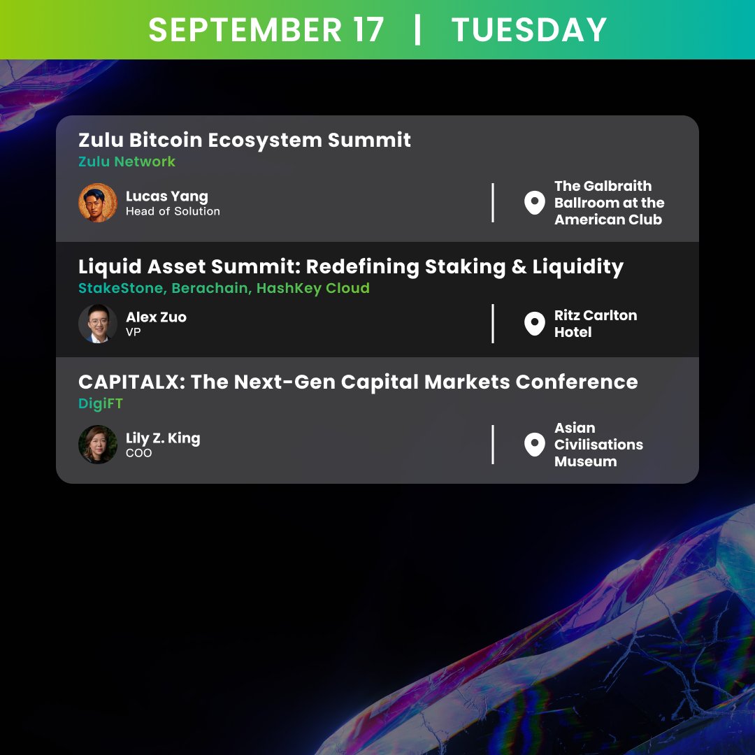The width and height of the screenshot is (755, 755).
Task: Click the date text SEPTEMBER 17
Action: (266, 30)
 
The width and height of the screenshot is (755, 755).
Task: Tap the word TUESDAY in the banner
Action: (529, 30)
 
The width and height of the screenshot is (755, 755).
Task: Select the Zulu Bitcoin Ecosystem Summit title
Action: (245, 140)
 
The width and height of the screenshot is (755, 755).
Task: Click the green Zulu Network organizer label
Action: (127, 161)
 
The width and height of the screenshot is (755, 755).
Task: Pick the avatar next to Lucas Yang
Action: (98, 203)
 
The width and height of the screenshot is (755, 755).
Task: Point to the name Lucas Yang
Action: (166, 196)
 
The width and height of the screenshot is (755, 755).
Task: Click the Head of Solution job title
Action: (173, 211)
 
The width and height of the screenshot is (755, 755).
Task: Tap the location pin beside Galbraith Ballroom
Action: (534, 203)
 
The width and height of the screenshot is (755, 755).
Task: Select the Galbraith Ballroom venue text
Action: (609, 203)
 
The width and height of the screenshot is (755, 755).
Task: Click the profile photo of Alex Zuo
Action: (98, 324)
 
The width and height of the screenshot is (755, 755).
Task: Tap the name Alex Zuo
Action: (156, 317)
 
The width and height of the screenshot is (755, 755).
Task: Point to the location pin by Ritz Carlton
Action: (534, 324)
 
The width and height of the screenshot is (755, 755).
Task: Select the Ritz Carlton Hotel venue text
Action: (595, 324)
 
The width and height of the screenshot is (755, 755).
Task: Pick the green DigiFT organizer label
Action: (101, 403)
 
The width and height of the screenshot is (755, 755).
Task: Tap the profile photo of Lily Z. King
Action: (98, 445)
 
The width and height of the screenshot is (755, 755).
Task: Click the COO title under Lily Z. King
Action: (138, 453)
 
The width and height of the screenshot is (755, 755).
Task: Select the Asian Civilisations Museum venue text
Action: (598, 445)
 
